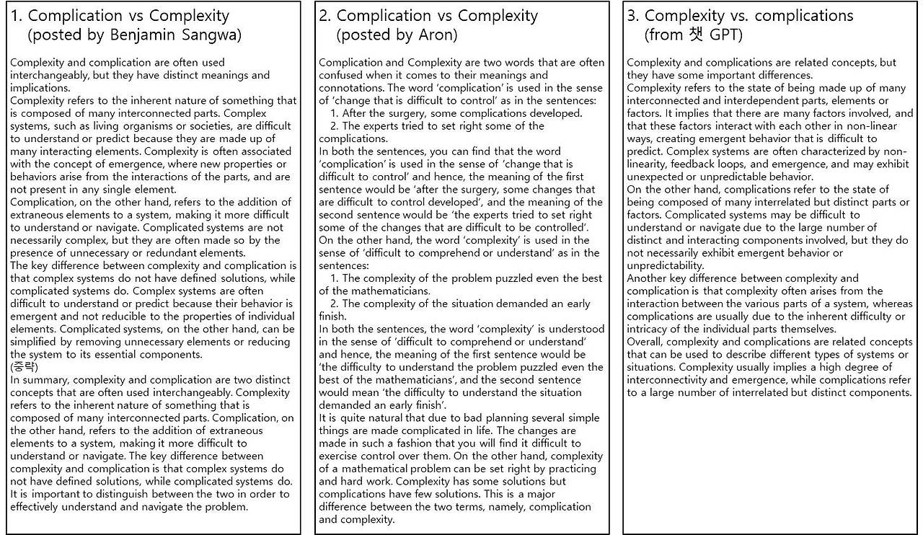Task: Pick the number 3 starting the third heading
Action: point(632,15)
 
